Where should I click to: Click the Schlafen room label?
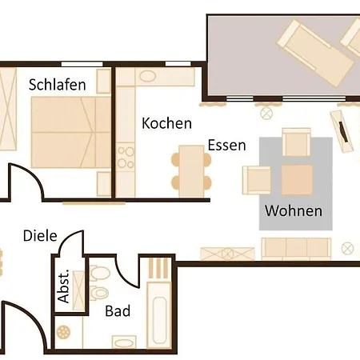click(x=57, y=84)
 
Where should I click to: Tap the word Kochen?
click(x=166, y=124)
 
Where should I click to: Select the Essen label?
click(x=226, y=146)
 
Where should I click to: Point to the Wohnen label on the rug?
click(x=294, y=211)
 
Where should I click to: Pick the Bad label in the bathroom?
click(x=118, y=311)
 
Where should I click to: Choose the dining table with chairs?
click(x=191, y=170)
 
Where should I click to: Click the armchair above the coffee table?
click(x=296, y=142)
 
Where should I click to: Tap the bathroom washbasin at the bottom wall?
click(x=125, y=342)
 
